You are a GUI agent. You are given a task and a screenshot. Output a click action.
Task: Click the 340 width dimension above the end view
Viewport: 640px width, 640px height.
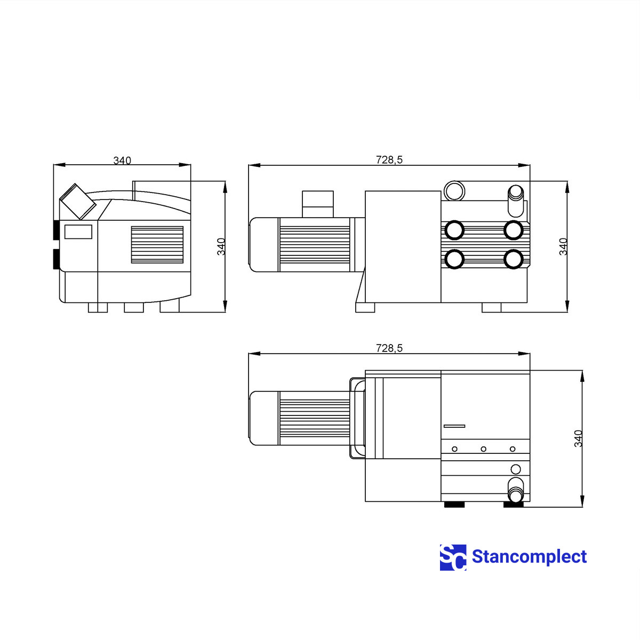122,161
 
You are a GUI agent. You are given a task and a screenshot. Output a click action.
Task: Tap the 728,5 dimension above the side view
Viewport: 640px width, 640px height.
389,160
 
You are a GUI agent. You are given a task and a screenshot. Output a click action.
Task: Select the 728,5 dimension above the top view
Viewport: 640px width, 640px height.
389,348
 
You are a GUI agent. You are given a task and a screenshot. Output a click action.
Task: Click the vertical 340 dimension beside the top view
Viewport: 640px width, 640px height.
578,438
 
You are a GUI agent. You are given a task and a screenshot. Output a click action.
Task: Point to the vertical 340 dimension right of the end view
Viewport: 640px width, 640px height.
221,246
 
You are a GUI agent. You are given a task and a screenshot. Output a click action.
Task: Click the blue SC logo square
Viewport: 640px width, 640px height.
453,558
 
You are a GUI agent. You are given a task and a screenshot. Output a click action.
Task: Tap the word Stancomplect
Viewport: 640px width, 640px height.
529,557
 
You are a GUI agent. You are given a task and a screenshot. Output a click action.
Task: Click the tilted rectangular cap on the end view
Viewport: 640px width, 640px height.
78,201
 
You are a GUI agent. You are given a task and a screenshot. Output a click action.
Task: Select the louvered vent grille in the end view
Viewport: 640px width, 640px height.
157,245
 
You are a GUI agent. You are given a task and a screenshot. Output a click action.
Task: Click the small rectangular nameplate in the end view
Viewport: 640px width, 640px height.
78,232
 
